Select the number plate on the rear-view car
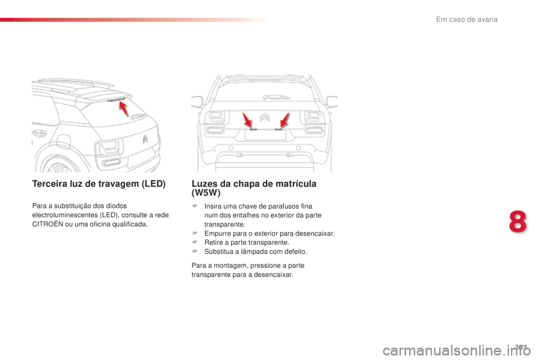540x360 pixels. tap(264, 134)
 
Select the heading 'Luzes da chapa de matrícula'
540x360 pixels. tap(254, 184)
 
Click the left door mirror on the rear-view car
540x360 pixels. tap(196, 101)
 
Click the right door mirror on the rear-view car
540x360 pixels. tap(332, 101)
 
